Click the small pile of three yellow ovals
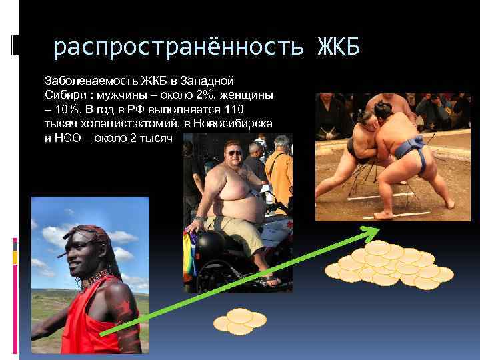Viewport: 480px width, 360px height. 239,321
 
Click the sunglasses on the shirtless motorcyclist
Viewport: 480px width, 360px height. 234,153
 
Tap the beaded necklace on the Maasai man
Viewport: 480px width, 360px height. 95,278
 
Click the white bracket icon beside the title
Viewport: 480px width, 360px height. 15,44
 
